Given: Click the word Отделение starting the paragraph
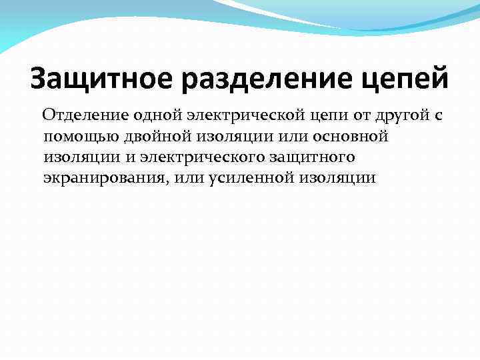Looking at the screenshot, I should click(x=83, y=116).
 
